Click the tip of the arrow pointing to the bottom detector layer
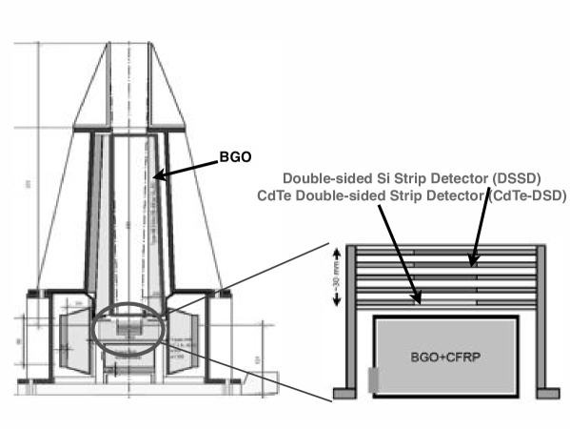(x=420, y=303)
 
